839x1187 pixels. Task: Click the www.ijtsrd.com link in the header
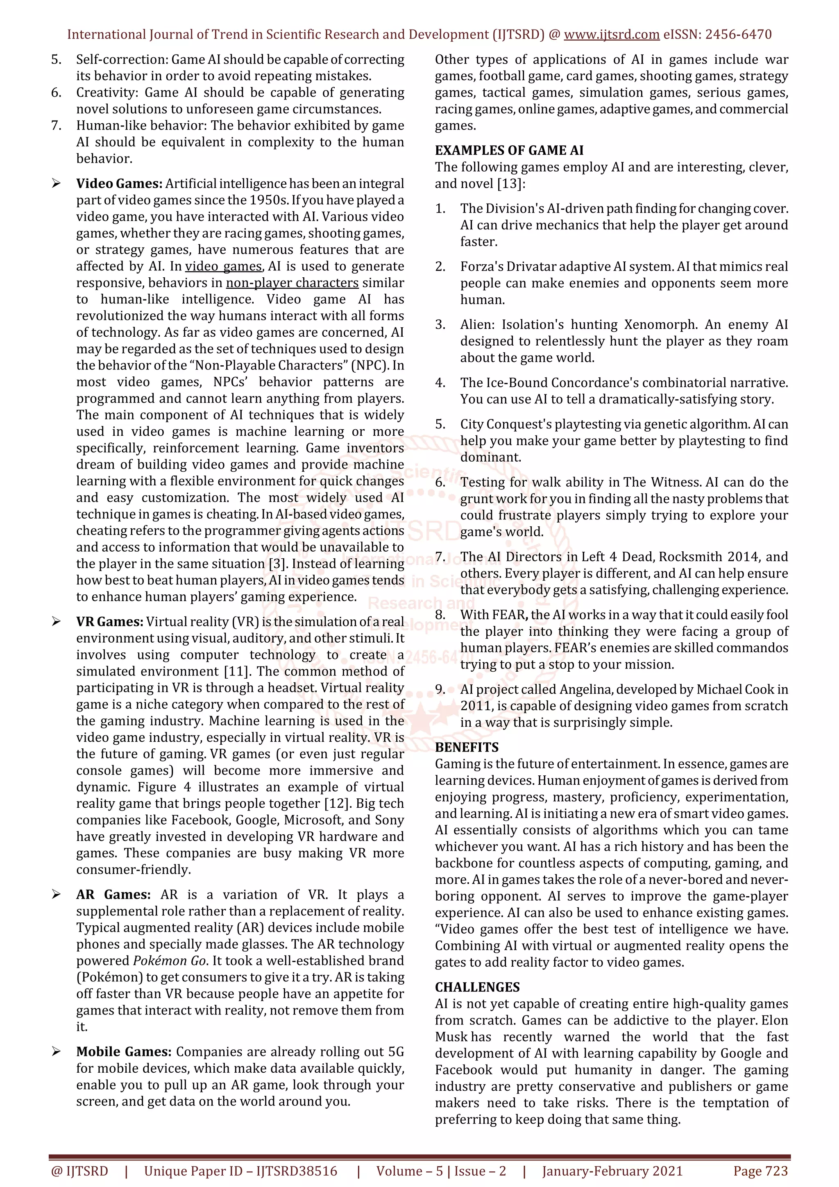[611, 35]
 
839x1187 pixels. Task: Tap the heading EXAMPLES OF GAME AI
[509, 150]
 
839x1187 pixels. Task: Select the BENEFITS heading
[466, 747]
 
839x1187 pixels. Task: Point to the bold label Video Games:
[119, 183]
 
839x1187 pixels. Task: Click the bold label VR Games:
[110, 621]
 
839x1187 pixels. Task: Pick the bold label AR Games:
[113, 895]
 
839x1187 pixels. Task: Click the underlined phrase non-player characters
[292, 283]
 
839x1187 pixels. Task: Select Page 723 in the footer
[760, 1171]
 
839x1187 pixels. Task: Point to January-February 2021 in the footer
[612, 1171]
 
